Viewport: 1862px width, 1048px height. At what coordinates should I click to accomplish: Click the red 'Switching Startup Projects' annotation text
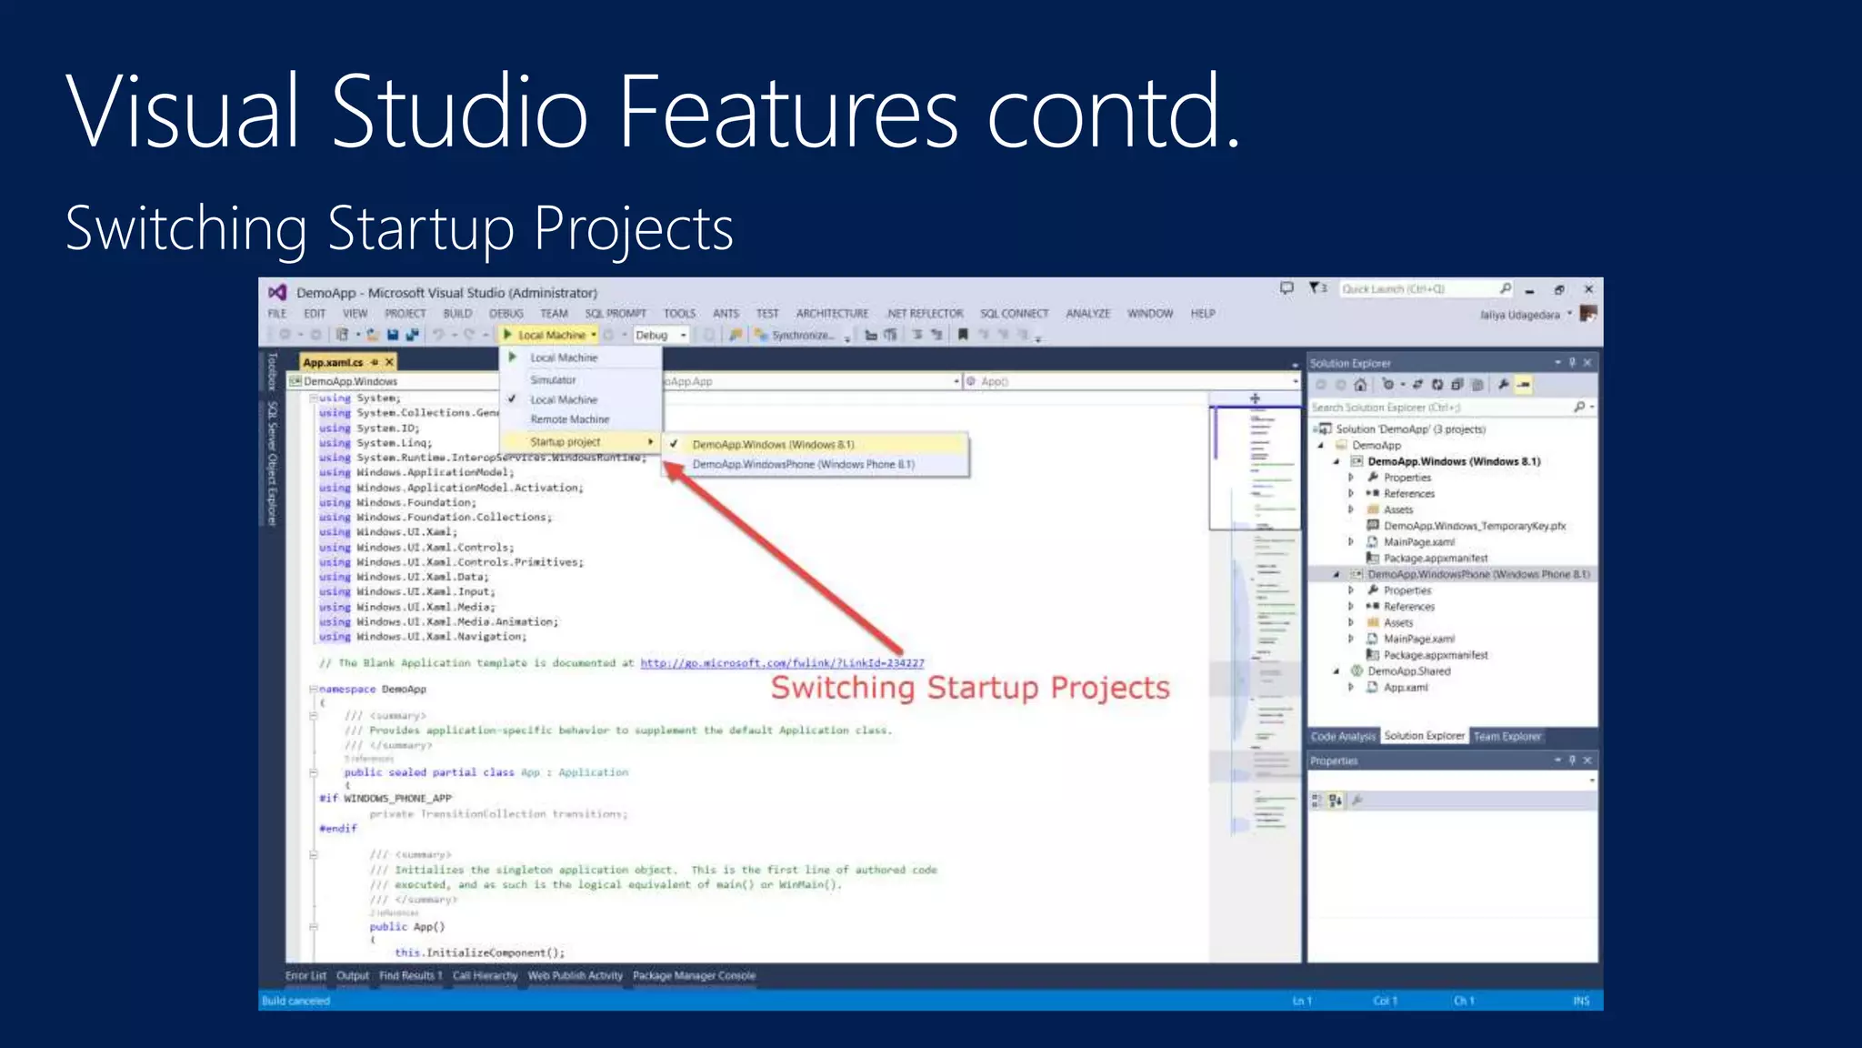(970, 688)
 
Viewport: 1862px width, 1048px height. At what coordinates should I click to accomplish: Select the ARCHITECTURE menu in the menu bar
(832, 314)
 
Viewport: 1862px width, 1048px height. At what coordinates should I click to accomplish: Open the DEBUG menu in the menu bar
(506, 314)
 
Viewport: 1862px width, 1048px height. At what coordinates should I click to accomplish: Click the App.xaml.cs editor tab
(333, 362)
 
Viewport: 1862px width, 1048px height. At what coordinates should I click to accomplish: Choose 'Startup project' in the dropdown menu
(566, 442)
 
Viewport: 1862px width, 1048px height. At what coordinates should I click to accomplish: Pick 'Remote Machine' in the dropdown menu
(570, 419)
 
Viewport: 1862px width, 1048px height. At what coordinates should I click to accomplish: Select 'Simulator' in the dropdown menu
(553, 380)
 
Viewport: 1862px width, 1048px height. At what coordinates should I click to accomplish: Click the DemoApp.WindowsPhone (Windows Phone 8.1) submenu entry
(803, 465)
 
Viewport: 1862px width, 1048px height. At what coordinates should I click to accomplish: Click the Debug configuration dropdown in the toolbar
(660, 336)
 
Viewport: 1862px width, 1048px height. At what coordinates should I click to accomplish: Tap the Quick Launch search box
(1418, 289)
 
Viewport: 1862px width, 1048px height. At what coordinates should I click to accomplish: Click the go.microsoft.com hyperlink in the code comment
(782, 663)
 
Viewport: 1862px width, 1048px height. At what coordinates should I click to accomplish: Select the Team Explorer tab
(1507, 737)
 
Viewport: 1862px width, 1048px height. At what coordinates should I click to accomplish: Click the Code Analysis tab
(1343, 737)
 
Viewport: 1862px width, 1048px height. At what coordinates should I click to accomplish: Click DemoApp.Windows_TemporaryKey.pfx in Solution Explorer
(1474, 526)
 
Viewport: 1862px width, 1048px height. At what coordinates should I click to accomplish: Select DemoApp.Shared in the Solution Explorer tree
(1408, 671)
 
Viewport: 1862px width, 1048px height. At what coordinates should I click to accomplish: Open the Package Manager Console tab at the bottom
(694, 976)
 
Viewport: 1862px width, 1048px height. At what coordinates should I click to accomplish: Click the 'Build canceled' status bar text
(296, 1001)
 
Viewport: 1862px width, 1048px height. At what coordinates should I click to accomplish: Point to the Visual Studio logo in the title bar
(277, 292)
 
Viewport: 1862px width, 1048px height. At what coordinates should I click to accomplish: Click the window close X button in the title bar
(1588, 289)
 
